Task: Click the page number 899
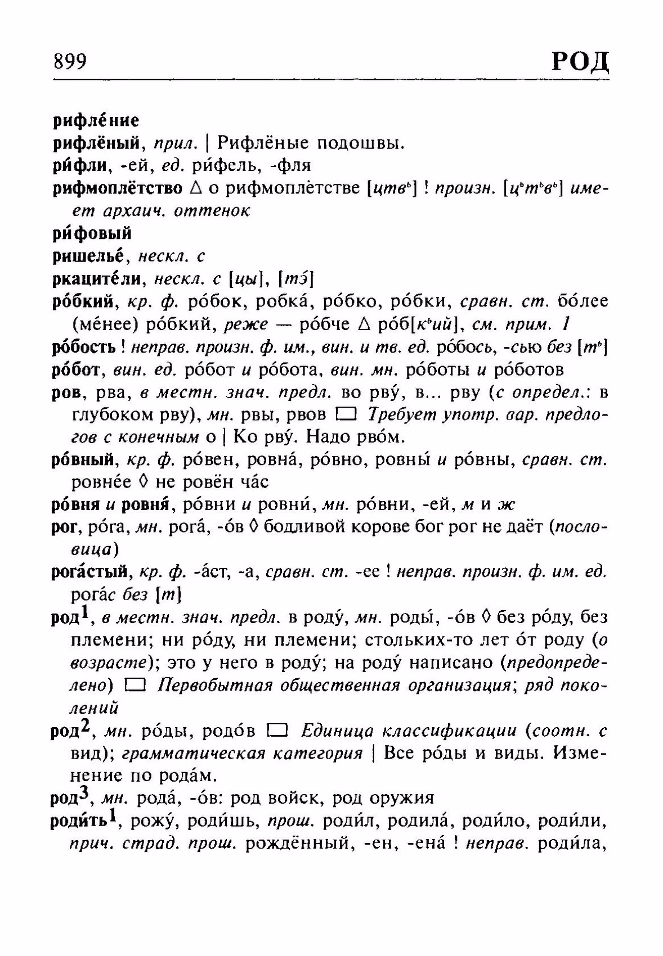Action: pyautogui.click(x=70, y=61)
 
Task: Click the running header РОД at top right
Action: pyautogui.click(x=580, y=60)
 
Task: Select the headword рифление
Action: pyautogui.click(x=96, y=120)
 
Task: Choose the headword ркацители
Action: pyautogui.click(x=99, y=278)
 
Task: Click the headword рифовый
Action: pyautogui.click(x=92, y=233)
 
